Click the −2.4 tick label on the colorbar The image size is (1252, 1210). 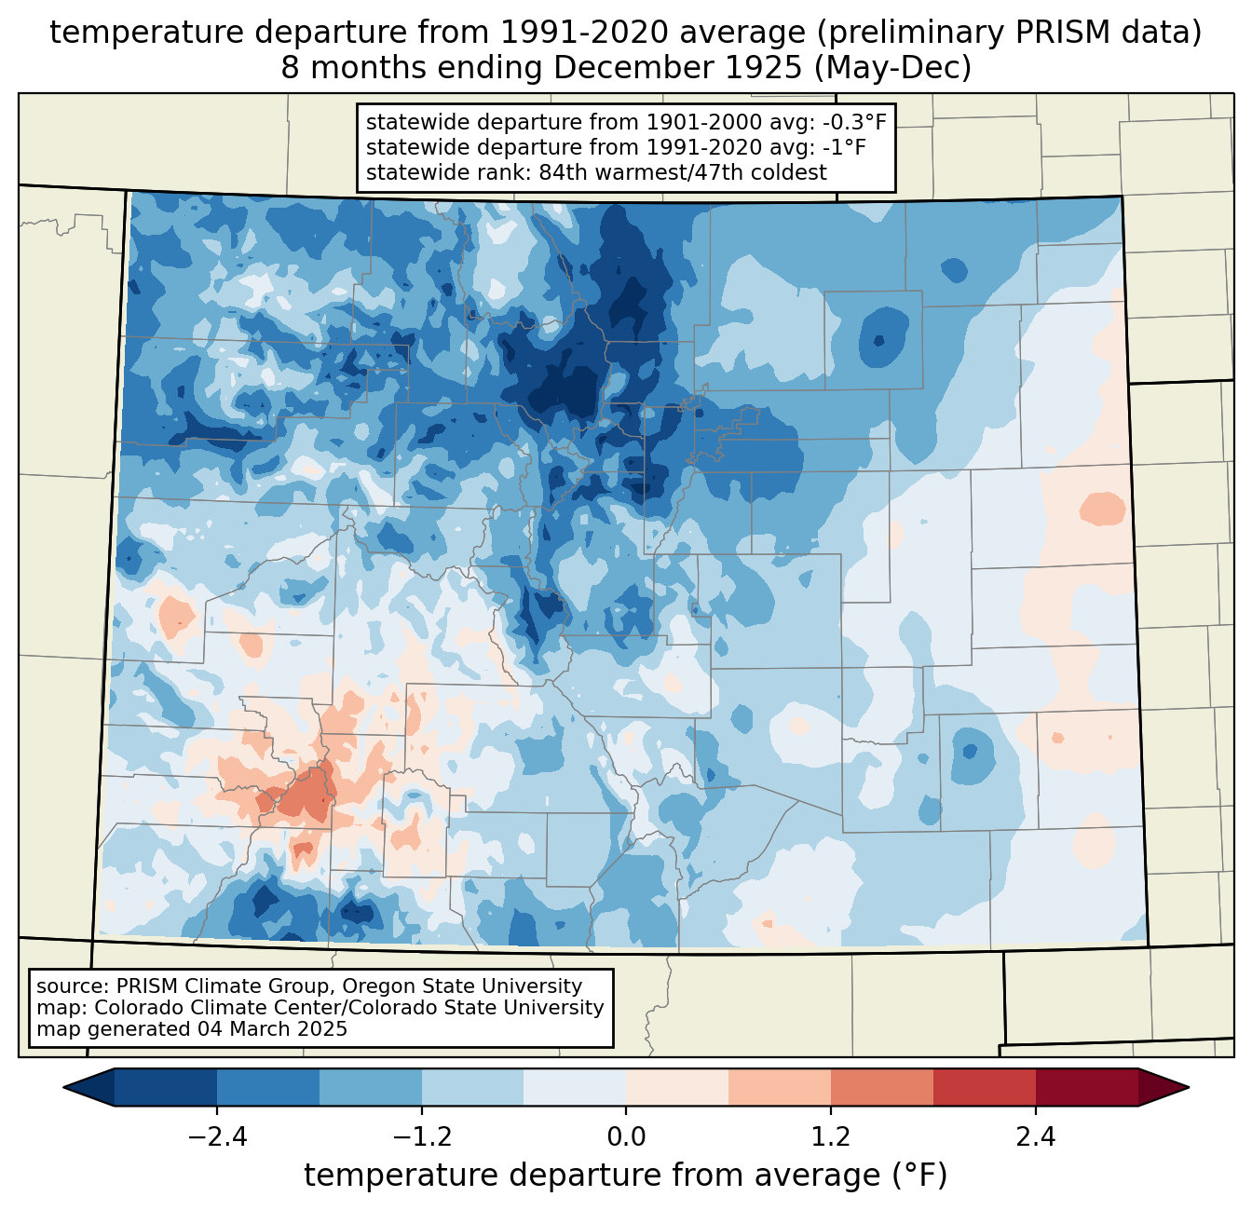(217, 1137)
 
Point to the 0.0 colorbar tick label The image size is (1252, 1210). (626, 1137)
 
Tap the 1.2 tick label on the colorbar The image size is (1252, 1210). (831, 1137)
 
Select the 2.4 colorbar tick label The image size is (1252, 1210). (1036, 1137)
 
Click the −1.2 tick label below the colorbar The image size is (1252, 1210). (422, 1137)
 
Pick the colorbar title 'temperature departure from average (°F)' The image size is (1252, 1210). (626, 1176)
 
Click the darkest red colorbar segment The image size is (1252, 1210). (1087, 1087)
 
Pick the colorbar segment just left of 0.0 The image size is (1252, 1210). (575, 1087)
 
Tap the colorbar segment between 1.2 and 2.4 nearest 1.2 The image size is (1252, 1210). (882, 1087)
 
